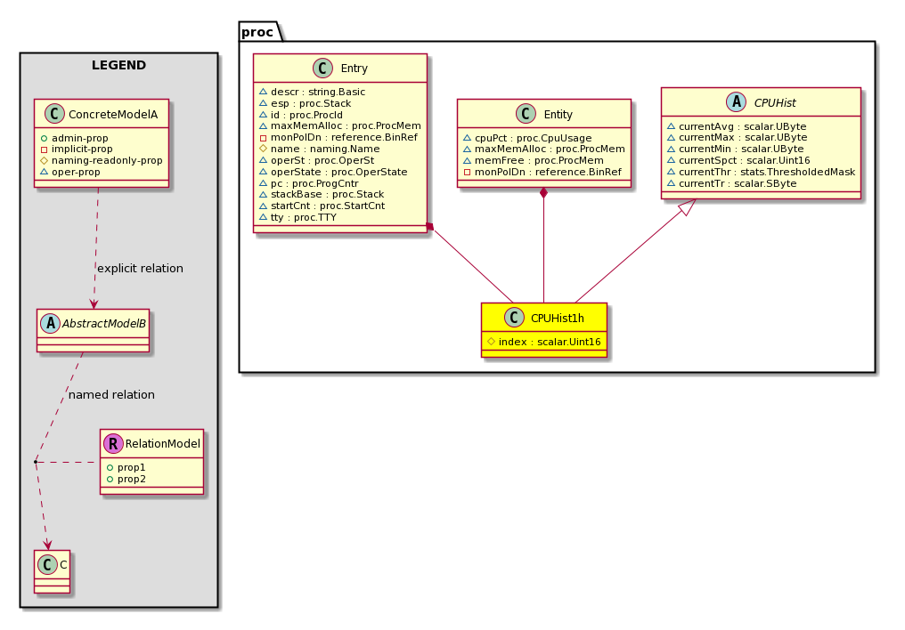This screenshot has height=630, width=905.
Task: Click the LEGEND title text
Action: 118,65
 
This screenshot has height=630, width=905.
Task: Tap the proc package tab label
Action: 257,32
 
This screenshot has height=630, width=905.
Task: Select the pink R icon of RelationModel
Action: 113,443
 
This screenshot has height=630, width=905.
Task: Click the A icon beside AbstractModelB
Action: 50,323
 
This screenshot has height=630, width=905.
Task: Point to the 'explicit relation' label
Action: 140,269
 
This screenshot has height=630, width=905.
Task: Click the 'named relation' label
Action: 111,395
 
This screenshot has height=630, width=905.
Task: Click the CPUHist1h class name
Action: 557,319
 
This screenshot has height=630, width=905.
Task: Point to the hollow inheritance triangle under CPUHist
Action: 688,206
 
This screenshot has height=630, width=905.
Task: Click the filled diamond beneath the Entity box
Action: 543,193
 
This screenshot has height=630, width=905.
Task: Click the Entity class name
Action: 558,115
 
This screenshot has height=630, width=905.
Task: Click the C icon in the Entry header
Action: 322,68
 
